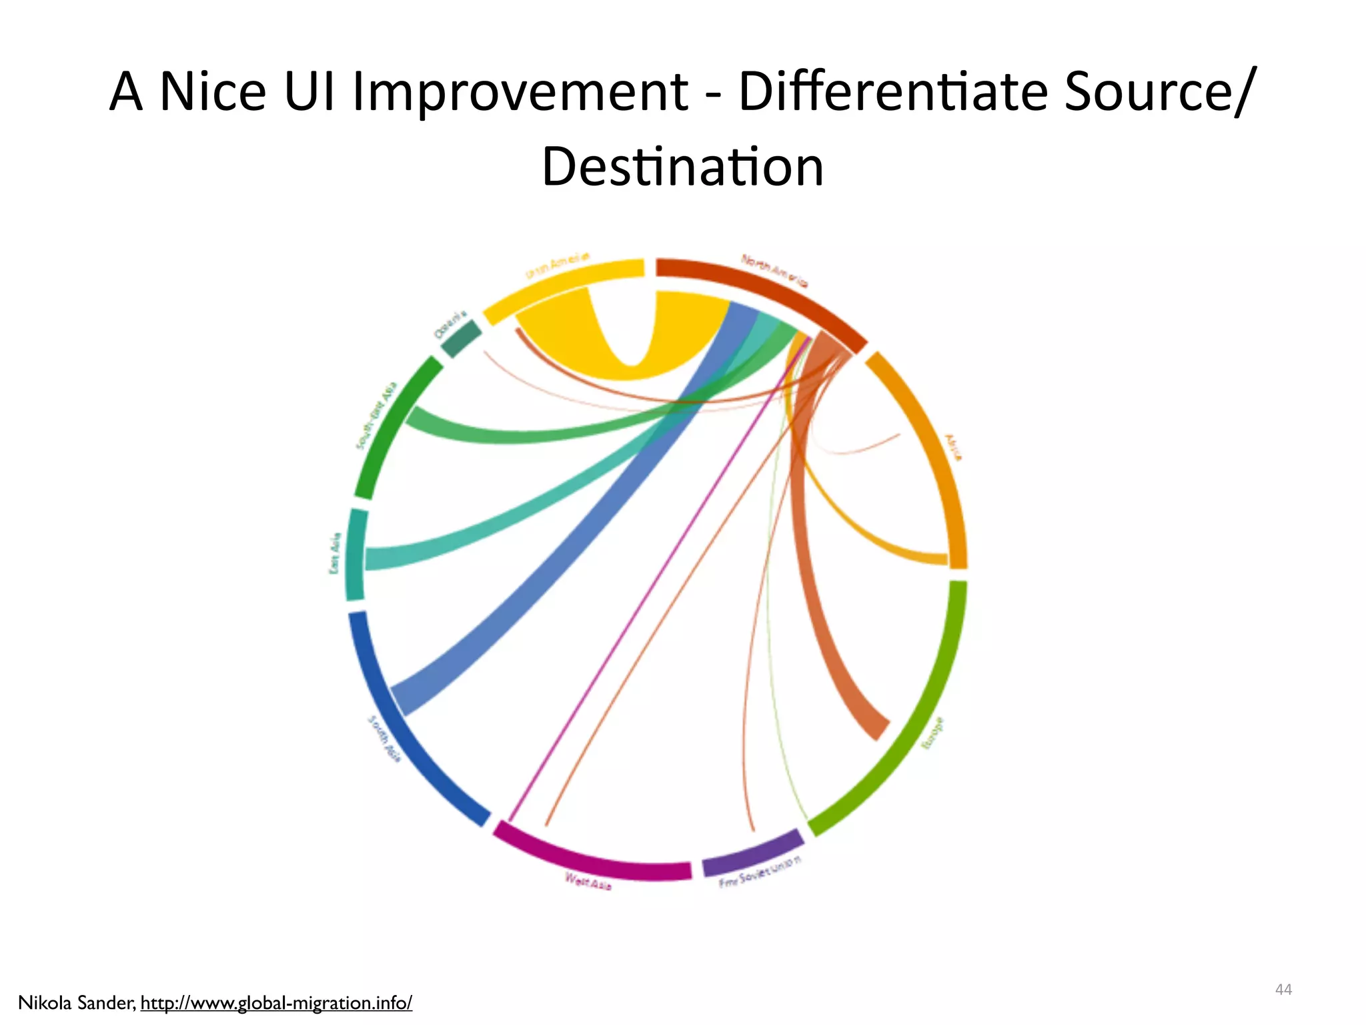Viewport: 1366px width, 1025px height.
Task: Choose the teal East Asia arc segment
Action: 356,555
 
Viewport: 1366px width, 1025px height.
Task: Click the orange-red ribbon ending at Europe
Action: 820,601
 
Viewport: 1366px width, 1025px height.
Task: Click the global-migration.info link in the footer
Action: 276,1003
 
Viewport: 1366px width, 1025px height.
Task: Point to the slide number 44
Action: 1283,990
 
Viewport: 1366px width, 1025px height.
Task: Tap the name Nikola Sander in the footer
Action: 77,1003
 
